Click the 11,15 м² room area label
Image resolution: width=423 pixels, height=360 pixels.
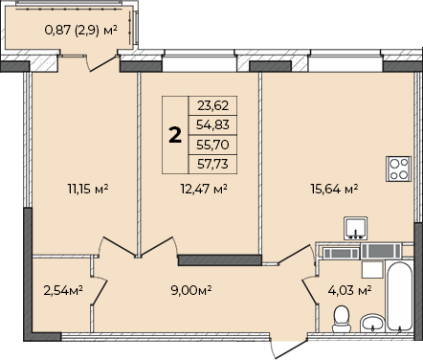88,189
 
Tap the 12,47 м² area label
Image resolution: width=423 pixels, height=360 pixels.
204,189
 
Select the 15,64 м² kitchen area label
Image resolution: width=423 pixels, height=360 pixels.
334,189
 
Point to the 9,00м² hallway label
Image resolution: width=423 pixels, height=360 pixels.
191,290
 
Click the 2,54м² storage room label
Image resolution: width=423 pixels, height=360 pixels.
63,290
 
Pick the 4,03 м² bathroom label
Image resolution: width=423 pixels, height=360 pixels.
349,290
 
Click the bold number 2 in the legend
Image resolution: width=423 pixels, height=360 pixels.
175,135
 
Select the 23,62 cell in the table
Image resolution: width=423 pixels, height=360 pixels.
212,105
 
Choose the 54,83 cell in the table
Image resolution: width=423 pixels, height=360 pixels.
212,124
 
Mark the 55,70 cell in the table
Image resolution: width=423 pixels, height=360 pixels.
212,145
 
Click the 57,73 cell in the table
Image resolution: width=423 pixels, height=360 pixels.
212,164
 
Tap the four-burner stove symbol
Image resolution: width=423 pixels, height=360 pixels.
398,169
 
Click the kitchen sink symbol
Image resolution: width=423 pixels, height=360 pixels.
355,228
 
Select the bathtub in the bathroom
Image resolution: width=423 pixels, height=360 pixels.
399,297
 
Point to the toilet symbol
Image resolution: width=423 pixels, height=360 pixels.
342,319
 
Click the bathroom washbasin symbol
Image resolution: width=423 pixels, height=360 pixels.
373,322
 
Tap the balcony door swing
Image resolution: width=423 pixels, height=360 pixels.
101,63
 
